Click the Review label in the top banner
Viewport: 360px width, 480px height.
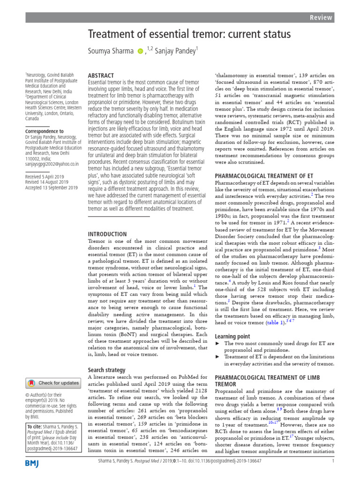coord(321,17)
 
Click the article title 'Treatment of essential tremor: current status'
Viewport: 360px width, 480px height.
coord(189,34)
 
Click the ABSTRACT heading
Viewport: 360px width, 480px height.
coord(101,75)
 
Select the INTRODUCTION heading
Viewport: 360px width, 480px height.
coord(107,234)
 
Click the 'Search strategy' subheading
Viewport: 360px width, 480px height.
coord(106,370)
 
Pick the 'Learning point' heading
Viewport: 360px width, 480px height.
coord(232,337)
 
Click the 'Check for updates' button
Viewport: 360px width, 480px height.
coord(53,383)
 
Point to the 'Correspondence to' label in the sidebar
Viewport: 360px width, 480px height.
coord(45,132)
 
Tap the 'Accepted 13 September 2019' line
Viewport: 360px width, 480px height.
coord(52,187)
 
